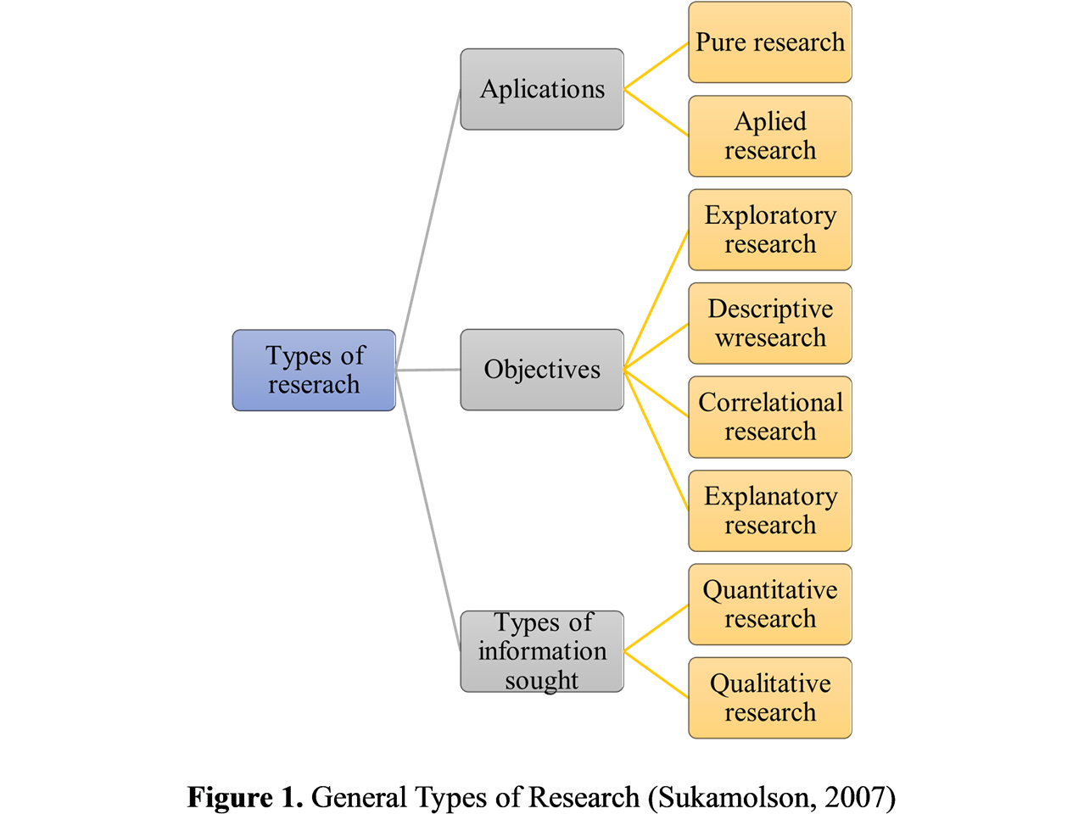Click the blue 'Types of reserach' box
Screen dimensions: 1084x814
click(314, 370)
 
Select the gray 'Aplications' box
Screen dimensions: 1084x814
click(542, 89)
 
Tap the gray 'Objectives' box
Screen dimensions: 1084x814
click(542, 370)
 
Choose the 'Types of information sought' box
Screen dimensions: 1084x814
click(542, 651)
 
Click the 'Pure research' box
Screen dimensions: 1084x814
click(770, 42)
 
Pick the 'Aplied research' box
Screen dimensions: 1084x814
click(770, 136)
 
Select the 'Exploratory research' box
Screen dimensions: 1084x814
click(770, 230)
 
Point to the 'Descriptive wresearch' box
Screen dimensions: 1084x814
click(770, 323)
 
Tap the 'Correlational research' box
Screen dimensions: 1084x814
click(770, 417)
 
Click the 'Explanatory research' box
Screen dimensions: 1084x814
click(770, 511)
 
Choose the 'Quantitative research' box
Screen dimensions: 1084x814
click(770, 605)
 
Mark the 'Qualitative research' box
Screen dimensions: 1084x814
click(770, 698)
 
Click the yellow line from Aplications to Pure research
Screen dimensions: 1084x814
click(656, 65)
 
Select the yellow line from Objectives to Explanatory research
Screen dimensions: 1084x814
click(656, 440)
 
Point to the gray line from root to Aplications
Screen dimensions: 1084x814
click(427, 230)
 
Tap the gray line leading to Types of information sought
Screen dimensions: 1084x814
click(427, 510)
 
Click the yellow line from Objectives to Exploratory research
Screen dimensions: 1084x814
click(656, 299)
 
